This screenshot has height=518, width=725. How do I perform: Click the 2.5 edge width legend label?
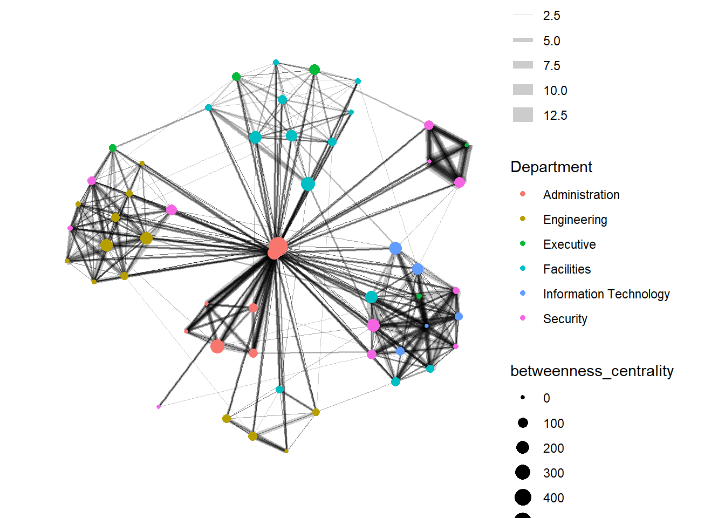click(x=551, y=16)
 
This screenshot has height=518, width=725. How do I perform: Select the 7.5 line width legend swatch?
click(x=523, y=65)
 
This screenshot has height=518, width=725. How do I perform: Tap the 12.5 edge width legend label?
click(x=555, y=115)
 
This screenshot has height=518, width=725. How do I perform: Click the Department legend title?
click(x=551, y=167)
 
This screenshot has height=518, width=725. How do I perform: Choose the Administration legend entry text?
click(x=581, y=195)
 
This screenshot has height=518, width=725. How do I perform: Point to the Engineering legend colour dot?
click(x=522, y=219)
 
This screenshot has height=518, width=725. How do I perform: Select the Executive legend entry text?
click(x=569, y=244)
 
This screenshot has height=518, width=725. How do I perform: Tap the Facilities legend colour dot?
click(x=522, y=268)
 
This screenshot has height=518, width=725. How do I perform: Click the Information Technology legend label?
click(x=606, y=294)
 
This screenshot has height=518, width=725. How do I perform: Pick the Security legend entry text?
click(x=565, y=319)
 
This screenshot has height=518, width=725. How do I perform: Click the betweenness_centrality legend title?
click(x=592, y=371)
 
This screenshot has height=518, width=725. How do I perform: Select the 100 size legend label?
click(x=553, y=424)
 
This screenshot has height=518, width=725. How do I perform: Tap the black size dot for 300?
click(x=522, y=473)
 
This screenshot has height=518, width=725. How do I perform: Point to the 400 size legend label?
click(x=553, y=498)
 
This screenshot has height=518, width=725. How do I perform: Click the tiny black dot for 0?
click(x=523, y=397)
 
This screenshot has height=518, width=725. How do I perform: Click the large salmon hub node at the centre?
click(x=277, y=248)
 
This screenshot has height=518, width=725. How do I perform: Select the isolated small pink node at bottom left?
click(x=159, y=406)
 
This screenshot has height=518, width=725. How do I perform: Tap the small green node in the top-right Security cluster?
click(x=467, y=145)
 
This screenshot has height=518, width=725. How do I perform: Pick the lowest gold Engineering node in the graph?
click(x=286, y=451)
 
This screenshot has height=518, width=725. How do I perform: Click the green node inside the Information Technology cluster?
click(x=419, y=296)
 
